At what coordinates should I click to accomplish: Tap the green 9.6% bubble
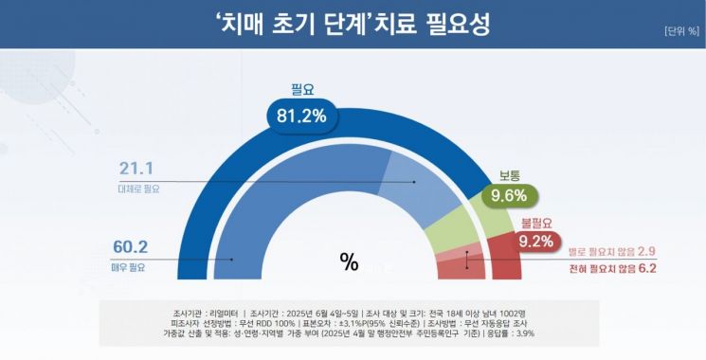(x=509, y=197)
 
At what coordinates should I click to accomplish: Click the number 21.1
(x=137, y=170)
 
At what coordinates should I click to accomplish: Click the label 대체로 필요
(x=139, y=189)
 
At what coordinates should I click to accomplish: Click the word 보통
(x=511, y=175)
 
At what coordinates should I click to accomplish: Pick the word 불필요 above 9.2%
(x=535, y=224)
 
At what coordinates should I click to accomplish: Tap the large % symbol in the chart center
(x=349, y=263)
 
